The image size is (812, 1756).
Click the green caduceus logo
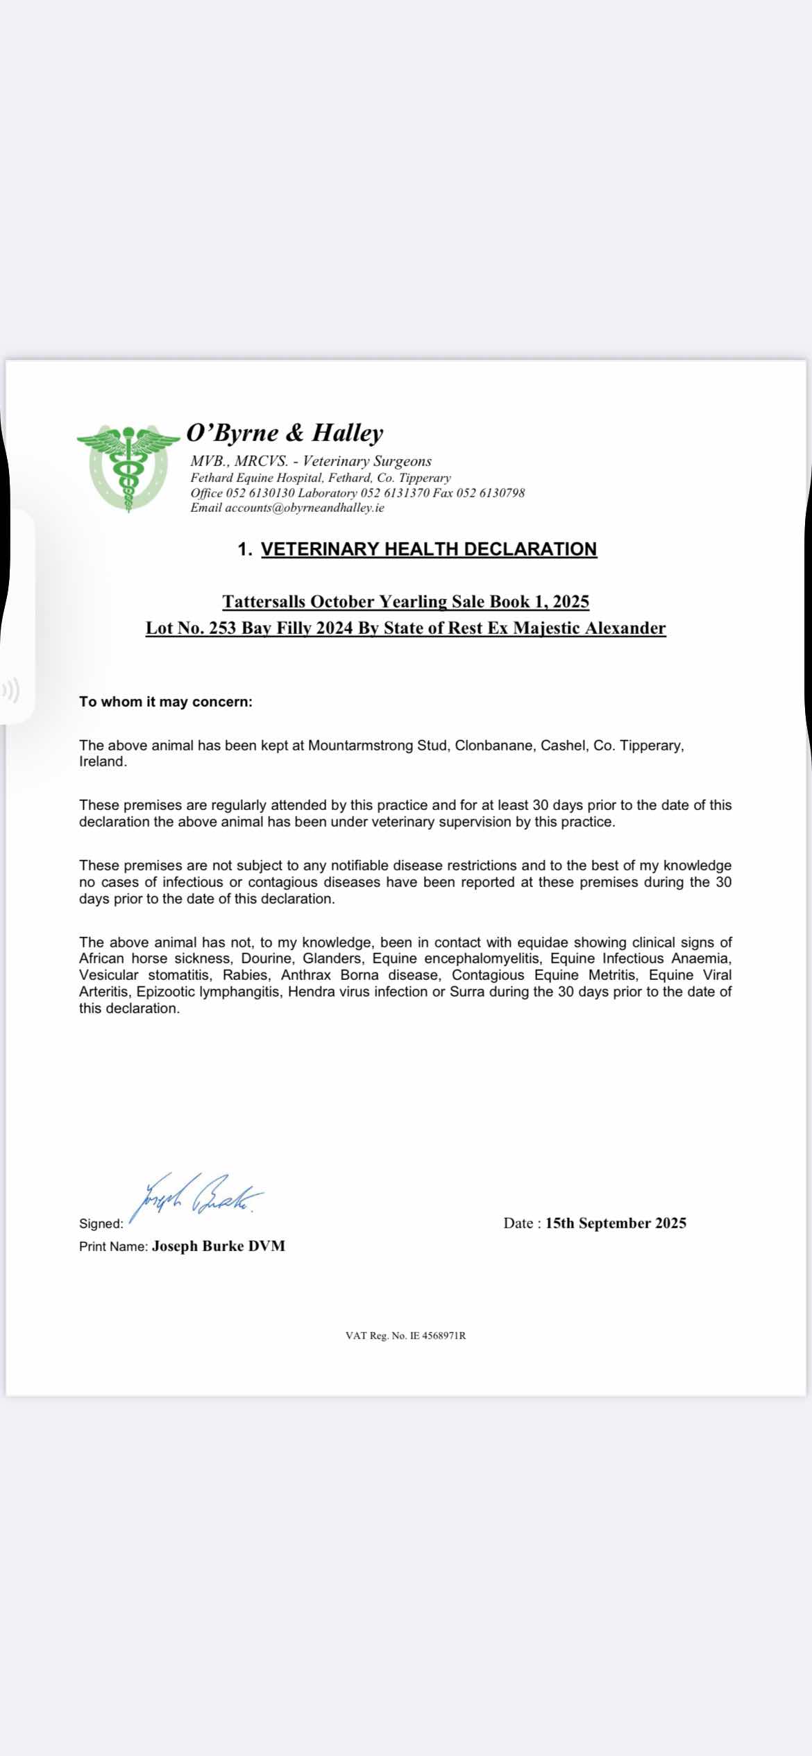tap(128, 467)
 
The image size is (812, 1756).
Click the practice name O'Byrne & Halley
tap(285, 433)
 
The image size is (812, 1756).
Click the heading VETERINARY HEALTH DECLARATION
tap(428, 549)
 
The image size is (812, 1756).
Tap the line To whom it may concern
tap(166, 702)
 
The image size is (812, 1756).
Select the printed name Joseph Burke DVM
tap(219, 1246)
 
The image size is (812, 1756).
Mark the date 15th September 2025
tap(616, 1223)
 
